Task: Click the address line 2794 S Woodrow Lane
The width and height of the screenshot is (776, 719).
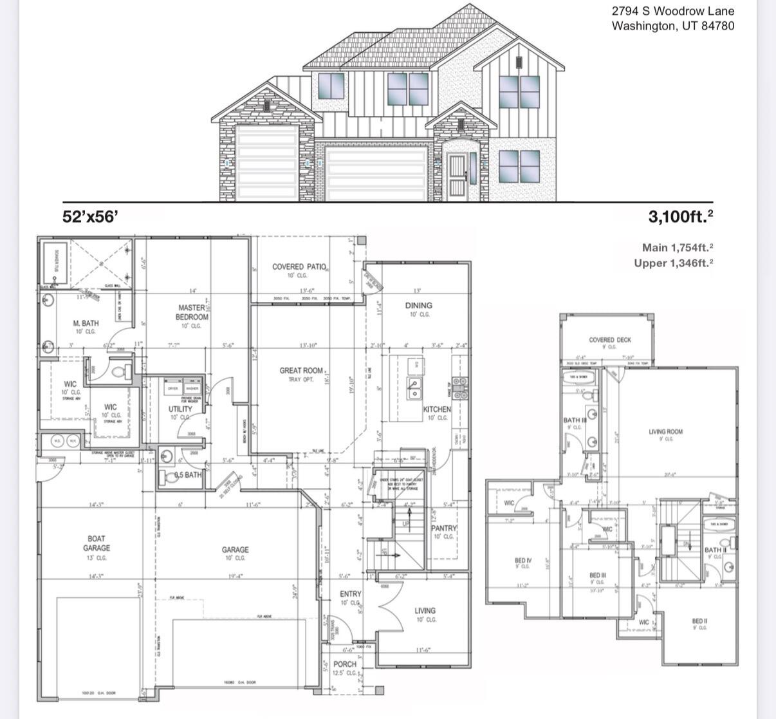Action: click(x=672, y=11)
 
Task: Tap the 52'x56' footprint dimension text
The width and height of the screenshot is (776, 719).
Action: click(x=90, y=216)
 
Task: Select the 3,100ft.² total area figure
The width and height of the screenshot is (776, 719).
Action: click(x=680, y=217)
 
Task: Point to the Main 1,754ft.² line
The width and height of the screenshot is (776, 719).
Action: click(x=678, y=247)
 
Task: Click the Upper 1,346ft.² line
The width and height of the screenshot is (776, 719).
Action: click(x=673, y=263)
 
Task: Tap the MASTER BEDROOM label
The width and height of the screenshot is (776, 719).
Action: click(x=192, y=313)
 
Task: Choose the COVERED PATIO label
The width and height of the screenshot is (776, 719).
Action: click(x=300, y=266)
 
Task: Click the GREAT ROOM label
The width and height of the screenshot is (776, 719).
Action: click(x=301, y=371)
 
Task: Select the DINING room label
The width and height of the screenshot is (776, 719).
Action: click(x=418, y=305)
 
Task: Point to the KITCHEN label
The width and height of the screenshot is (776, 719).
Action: click(x=437, y=409)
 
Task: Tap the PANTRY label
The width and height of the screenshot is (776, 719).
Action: click(x=443, y=528)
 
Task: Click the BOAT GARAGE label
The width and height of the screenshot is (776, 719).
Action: click(x=97, y=543)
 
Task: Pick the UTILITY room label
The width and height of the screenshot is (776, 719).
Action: click(x=180, y=409)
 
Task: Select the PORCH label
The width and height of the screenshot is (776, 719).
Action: click(x=345, y=664)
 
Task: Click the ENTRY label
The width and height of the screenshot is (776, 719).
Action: click(x=351, y=593)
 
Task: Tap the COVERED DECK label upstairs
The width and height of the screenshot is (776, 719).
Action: click(x=609, y=340)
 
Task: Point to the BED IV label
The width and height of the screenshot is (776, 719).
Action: click(x=522, y=561)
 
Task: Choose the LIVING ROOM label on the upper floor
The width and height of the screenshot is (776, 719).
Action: click(x=665, y=432)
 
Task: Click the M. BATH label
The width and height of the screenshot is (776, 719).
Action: click(x=86, y=323)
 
